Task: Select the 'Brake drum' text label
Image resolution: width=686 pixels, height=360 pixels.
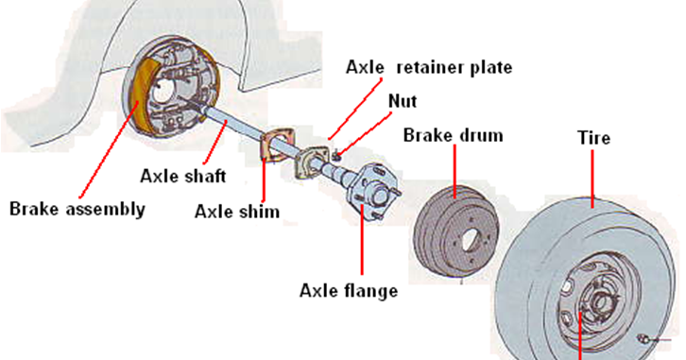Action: tap(453, 135)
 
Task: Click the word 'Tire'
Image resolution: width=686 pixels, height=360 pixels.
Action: tap(593, 138)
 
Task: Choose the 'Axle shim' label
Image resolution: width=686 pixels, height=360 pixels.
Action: tap(236, 211)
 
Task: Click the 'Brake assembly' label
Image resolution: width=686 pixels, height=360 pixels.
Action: tap(77, 209)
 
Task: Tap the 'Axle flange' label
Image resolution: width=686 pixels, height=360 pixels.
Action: tap(349, 290)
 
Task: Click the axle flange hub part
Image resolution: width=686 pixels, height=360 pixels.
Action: tap(370, 197)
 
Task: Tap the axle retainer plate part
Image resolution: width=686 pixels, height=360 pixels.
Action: tap(309, 162)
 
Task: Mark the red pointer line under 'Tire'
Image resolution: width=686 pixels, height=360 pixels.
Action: tap(593, 180)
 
